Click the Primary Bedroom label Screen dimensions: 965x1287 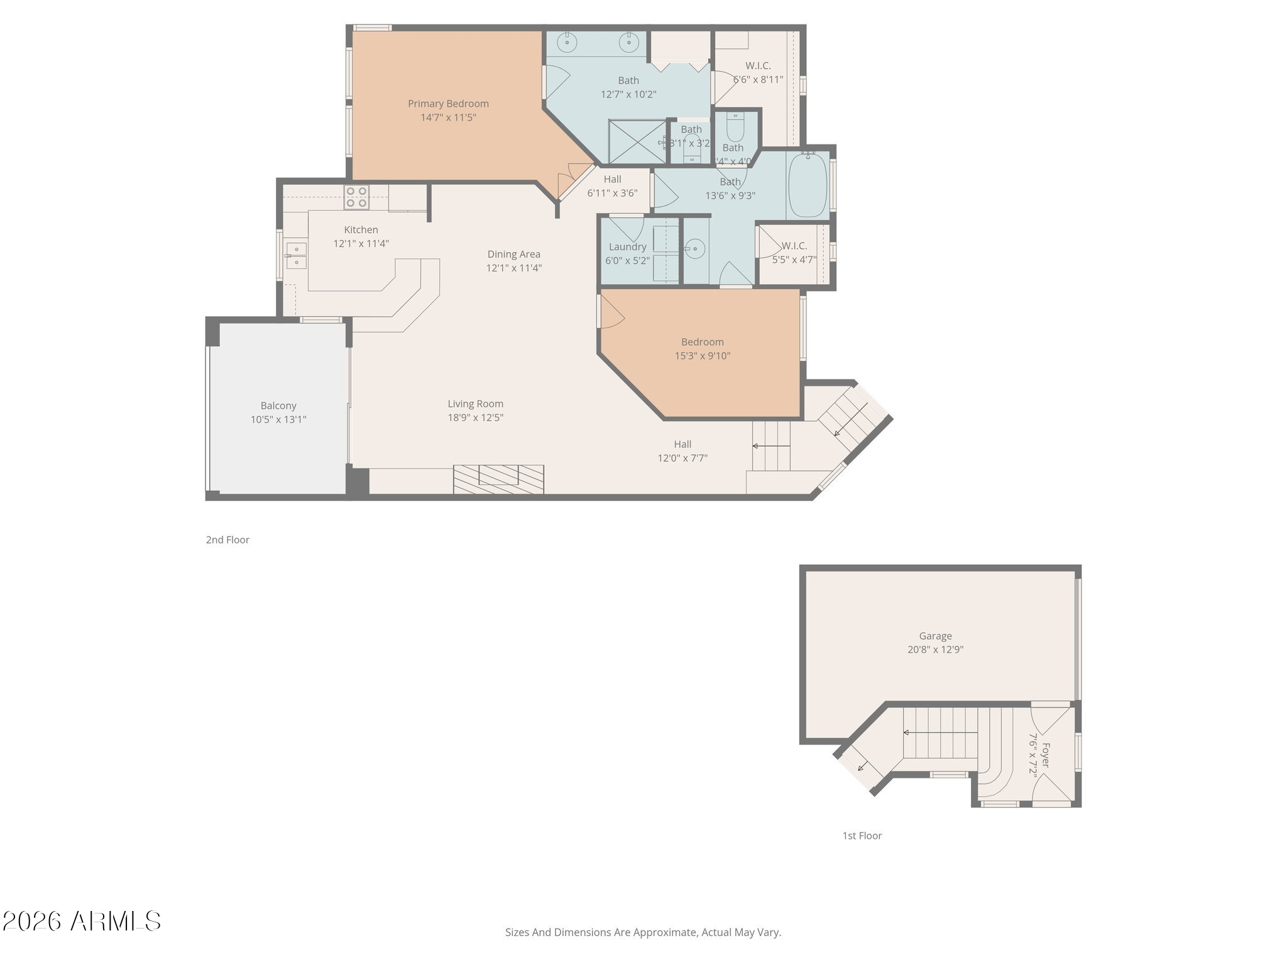point(448,104)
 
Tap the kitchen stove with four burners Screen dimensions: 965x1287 point(356,197)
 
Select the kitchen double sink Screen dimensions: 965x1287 point(296,256)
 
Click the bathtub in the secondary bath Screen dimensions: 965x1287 point(807,185)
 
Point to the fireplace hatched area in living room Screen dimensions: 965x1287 point(498,479)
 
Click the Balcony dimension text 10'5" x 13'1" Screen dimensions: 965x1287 point(278,420)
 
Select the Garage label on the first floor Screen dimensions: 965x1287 point(935,636)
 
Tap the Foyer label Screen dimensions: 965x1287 point(1045,755)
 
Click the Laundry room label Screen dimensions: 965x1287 point(627,247)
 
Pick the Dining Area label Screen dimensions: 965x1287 point(513,254)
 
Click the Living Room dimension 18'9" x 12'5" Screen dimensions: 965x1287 point(475,417)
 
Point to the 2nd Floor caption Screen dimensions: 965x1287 point(227,540)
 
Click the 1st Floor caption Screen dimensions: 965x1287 point(862,836)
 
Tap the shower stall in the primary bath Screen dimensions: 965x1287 point(637,141)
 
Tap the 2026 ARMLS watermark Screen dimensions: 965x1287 point(82,922)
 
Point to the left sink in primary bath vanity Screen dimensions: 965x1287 point(568,43)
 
